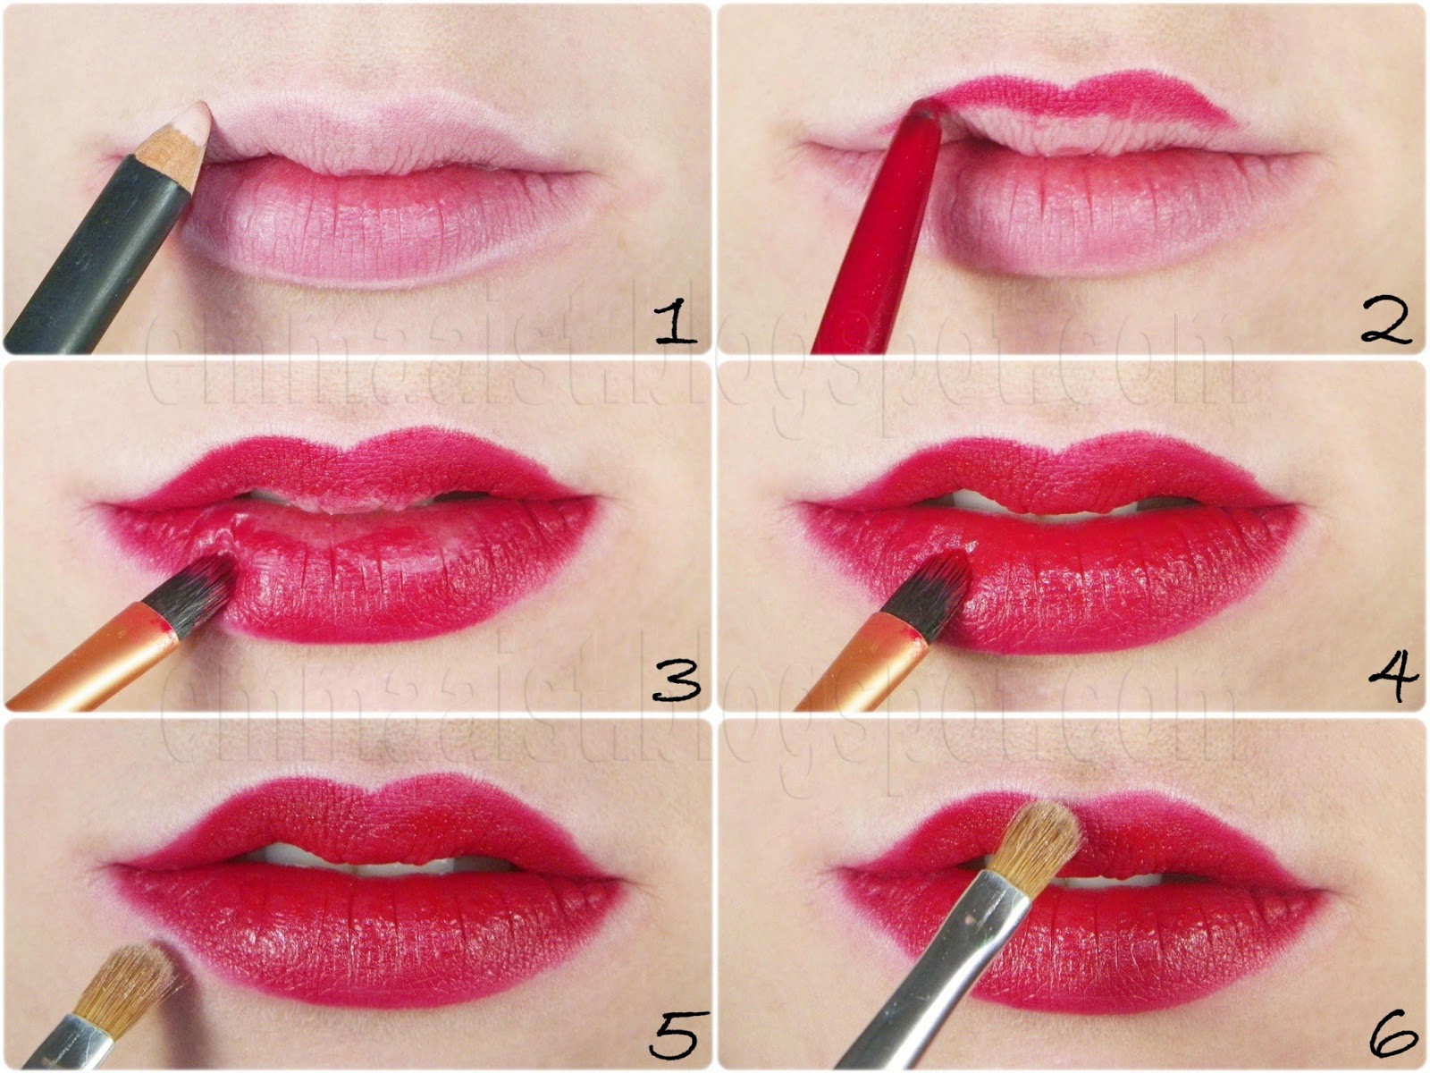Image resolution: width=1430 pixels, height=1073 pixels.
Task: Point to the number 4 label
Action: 1392,677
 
